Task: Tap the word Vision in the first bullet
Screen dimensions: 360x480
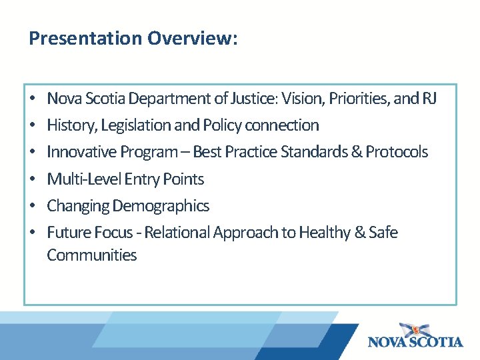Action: [301, 99]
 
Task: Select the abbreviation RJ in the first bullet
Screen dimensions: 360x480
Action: [429, 99]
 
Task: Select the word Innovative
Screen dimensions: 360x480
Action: [81, 152]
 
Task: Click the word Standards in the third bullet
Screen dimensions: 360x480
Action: [313, 152]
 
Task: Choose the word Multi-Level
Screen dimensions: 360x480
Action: [84, 179]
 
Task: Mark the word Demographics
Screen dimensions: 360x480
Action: [161, 206]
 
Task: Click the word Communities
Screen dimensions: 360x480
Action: [91, 255]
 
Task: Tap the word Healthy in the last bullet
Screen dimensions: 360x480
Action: [324, 233]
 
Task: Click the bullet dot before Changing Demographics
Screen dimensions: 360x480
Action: [33, 206]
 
